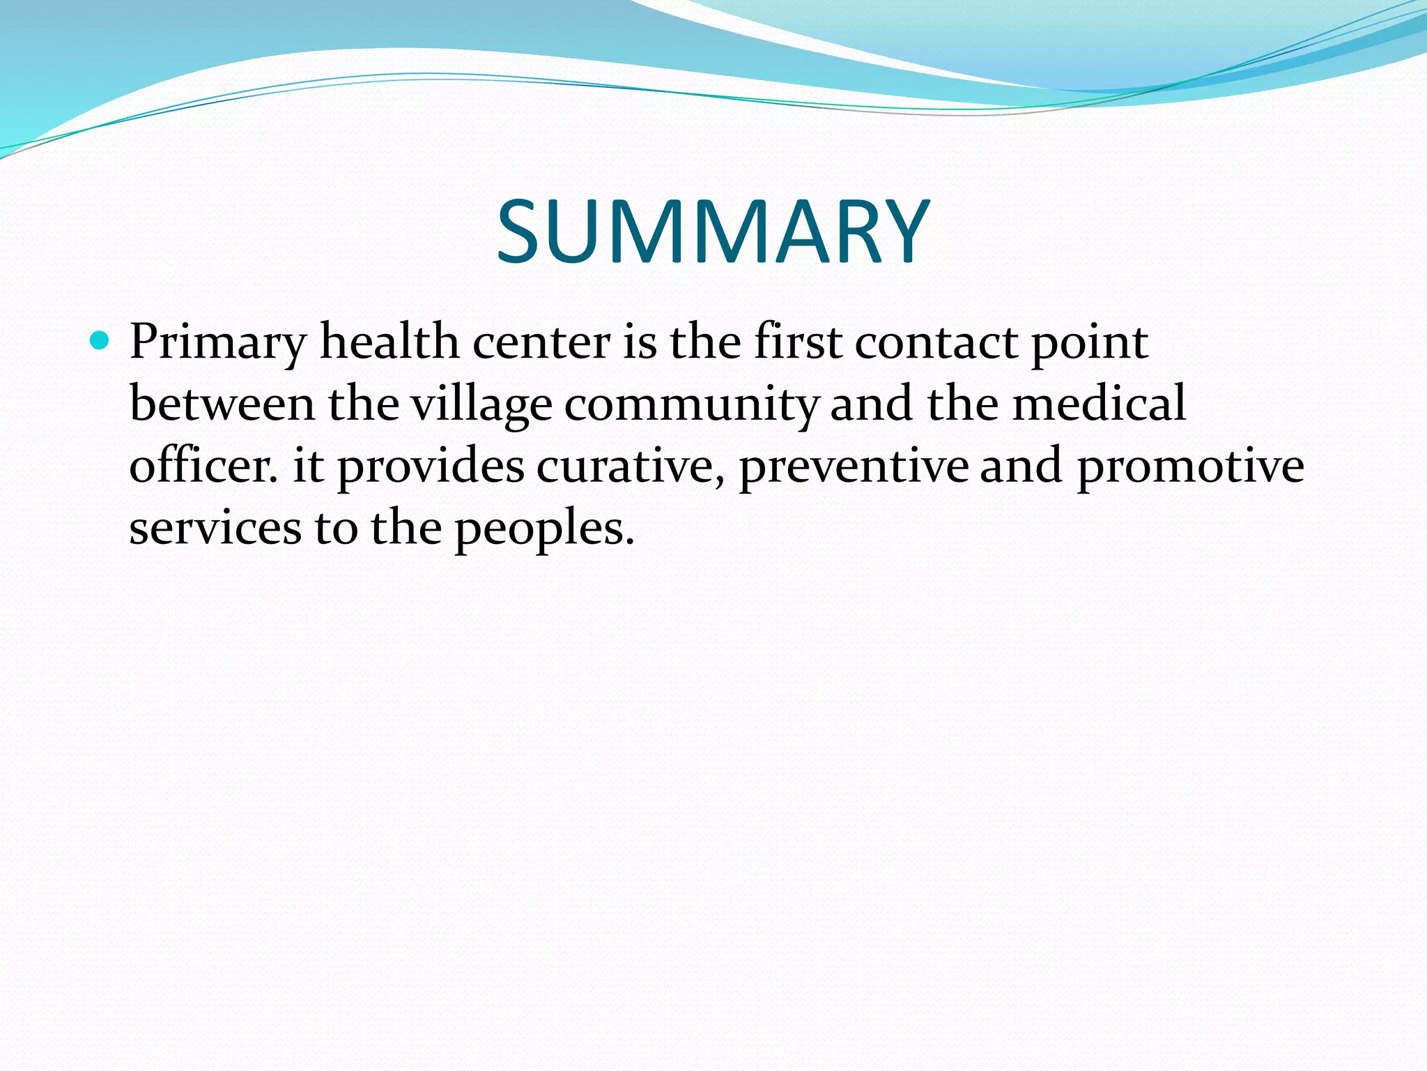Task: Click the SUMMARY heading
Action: click(713, 232)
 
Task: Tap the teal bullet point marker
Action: click(100, 341)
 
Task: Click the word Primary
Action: click(218, 343)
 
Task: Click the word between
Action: click(222, 404)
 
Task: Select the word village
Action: click(481, 404)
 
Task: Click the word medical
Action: click(1099, 404)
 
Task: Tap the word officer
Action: click(203, 466)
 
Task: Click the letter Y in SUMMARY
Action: click(900, 232)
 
